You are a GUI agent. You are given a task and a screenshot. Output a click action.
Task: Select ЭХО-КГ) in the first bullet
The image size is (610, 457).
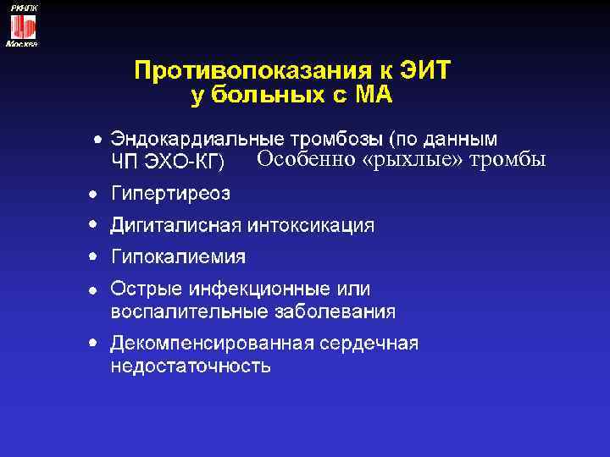tap(190, 161)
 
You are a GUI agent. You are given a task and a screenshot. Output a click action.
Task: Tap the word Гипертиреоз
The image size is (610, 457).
tap(170, 195)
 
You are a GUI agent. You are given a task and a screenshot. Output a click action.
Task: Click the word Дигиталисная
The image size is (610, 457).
tap(176, 226)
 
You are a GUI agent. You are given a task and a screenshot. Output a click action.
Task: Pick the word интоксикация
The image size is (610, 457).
tap(310, 226)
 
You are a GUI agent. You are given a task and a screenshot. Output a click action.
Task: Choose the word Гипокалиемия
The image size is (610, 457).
tap(179, 256)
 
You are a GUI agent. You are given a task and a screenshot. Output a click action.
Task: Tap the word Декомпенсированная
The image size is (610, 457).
tap(212, 344)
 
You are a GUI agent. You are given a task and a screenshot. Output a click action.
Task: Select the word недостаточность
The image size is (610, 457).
tap(191, 366)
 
